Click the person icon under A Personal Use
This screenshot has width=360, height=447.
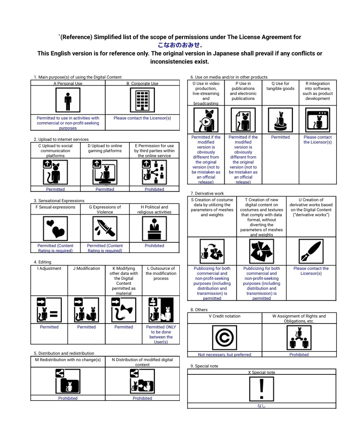coord(68,100)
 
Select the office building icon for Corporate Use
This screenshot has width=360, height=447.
coord(143,100)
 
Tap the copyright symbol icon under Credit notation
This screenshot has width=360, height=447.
coord(224,338)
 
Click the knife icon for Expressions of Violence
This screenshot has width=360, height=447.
coord(105,228)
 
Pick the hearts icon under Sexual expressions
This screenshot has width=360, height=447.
coord(55,228)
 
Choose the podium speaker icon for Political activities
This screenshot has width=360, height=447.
coord(154,228)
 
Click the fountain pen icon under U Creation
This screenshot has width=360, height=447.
coord(311,251)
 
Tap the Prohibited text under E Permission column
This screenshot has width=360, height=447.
coord(154,189)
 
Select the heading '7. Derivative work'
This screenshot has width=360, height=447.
coord(207,194)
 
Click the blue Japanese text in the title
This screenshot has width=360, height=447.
coord(179,45)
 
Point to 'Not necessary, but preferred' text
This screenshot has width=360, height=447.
coord(224,355)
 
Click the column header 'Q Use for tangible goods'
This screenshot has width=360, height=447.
coord(280,86)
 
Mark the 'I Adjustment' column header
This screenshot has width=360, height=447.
coord(49,268)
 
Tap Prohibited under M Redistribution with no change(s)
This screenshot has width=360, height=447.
coord(68,398)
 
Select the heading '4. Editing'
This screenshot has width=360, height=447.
coord(42,262)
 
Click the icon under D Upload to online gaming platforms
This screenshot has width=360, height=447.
coord(105,172)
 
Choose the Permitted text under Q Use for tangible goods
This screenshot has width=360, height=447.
coord(280,137)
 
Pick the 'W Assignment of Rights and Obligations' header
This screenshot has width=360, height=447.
coord(299,318)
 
